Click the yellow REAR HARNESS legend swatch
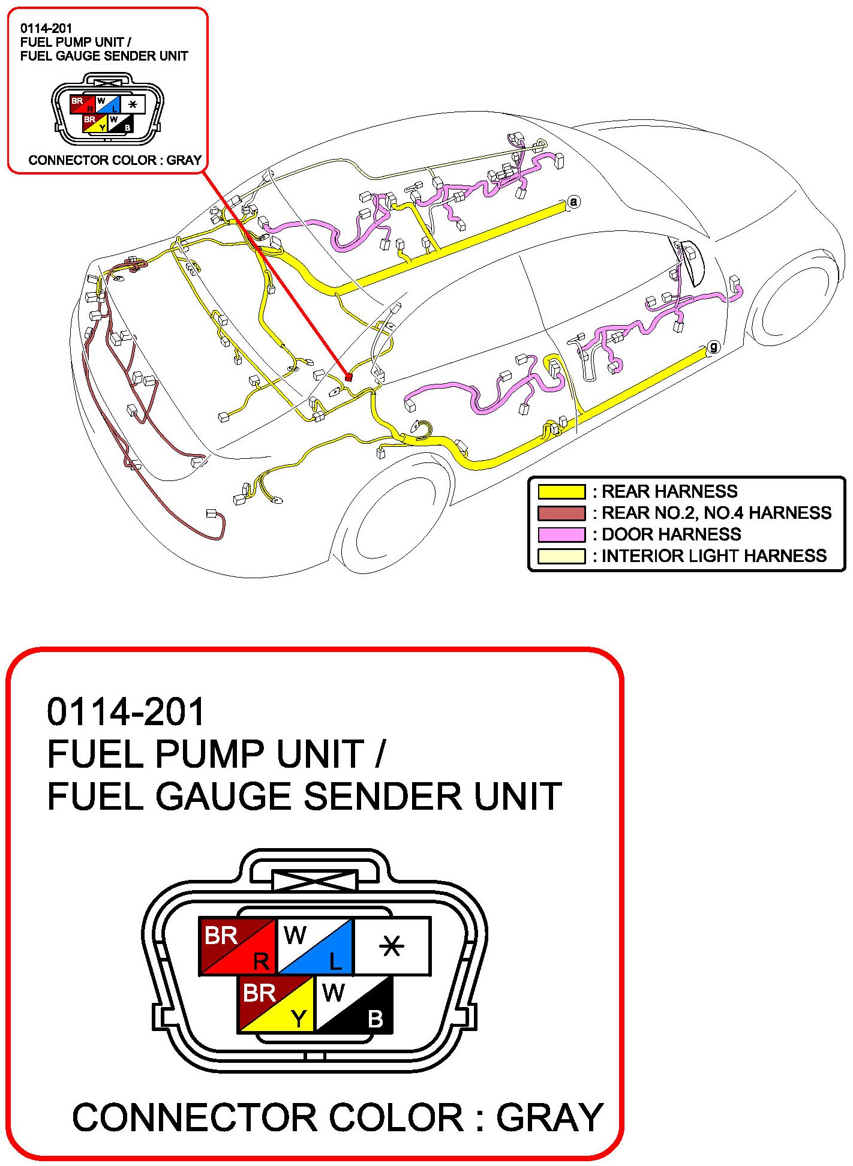point(561,492)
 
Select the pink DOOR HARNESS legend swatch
point(561,534)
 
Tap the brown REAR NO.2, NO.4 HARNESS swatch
point(561,513)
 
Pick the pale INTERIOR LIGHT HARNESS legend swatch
point(561,556)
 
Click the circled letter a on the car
point(573,202)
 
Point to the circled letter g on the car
point(713,347)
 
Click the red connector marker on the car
point(348,377)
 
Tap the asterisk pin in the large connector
point(392,946)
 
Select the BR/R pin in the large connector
point(237,946)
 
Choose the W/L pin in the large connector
point(314,946)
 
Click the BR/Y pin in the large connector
point(276,1004)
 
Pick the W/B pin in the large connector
point(353,1004)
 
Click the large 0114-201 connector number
point(126,711)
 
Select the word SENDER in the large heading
point(383,797)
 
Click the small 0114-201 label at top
point(46,28)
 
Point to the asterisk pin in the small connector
point(133,104)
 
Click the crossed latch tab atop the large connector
point(314,880)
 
